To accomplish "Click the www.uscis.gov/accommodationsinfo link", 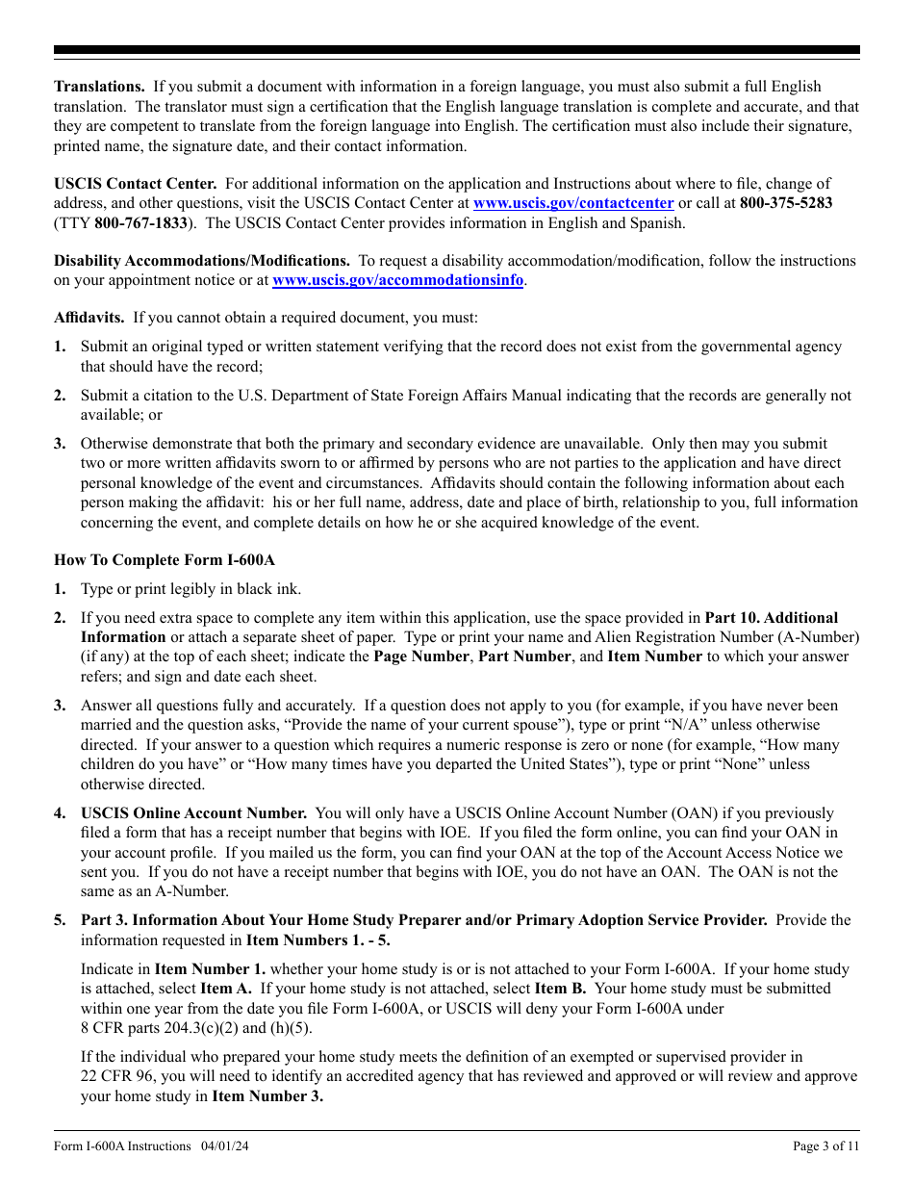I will pyautogui.click(x=398, y=280).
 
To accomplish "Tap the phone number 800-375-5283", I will pyautogui.click(x=787, y=203).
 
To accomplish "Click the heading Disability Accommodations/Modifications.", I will pyautogui.click(x=202, y=261).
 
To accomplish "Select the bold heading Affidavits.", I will pyautogui.click(x=89, y=318).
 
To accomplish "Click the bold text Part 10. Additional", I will pyautogui.click(x=771, y=618).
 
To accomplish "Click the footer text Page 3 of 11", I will pyautogui.click(x=826, y=1145).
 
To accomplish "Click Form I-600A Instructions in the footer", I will pyautogui.click(x=122, y=1145).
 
